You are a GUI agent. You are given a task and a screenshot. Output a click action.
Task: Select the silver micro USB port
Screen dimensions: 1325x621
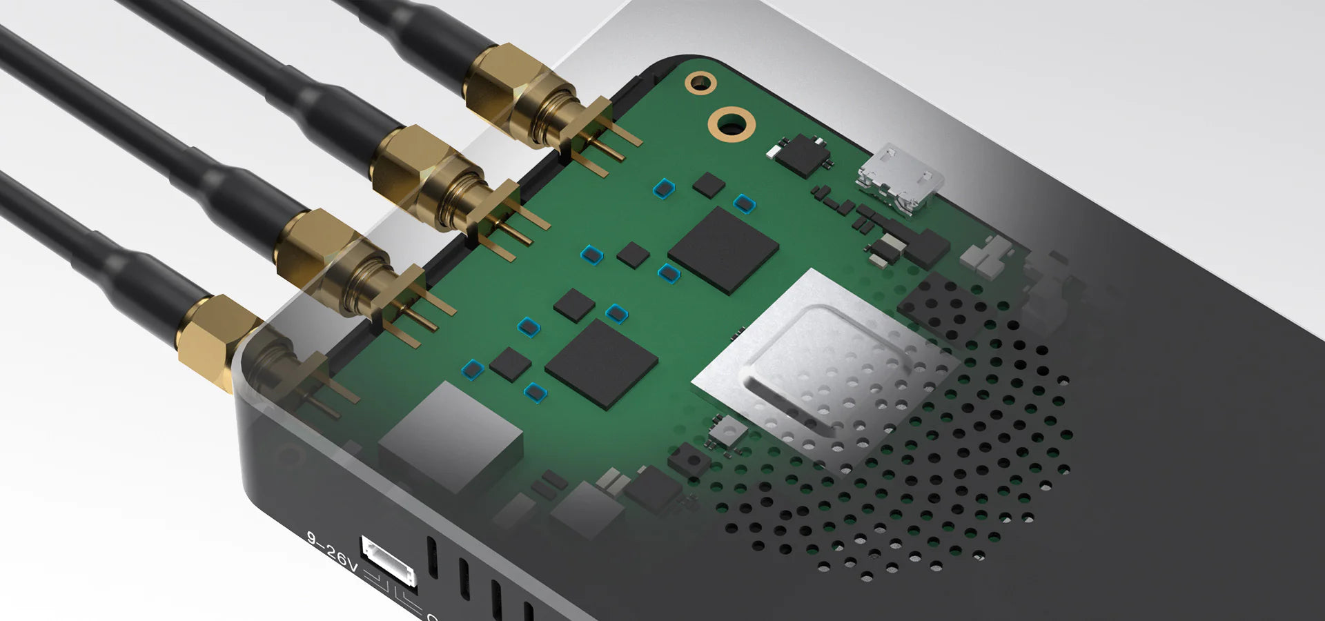pos(900,179)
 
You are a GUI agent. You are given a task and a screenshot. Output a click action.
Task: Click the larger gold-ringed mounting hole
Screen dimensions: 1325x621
pos(731,124)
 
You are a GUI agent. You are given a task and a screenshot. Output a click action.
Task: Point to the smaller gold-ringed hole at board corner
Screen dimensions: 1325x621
pos(700,83)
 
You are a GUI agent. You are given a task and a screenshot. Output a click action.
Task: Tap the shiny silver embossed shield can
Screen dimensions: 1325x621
pos(825,362)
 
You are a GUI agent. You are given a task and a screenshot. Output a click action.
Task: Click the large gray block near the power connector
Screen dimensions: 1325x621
pos(451,436)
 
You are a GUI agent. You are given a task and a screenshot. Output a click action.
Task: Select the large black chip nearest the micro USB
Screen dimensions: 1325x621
pos(723,250)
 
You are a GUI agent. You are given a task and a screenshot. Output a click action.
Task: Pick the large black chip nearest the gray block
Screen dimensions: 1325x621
pos(602,364)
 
